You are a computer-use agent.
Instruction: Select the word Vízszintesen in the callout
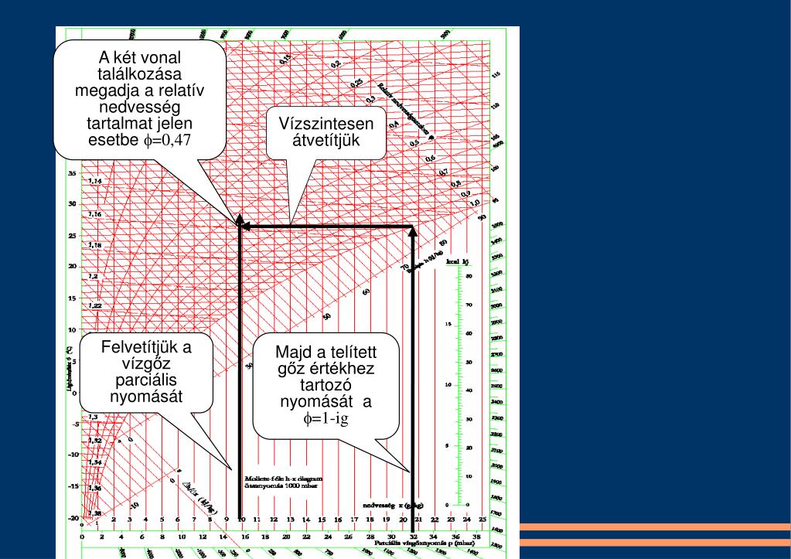point(326,125)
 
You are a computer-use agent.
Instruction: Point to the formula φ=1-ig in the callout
point(326,419)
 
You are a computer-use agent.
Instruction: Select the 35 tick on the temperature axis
point(72,173)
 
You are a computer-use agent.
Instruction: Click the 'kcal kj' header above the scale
point(457,261)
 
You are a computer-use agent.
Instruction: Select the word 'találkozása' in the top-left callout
point(139,74)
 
